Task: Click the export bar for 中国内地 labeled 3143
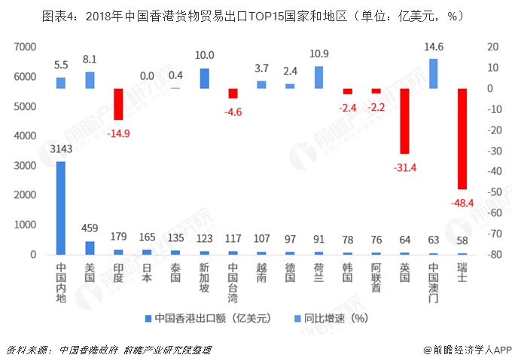61,208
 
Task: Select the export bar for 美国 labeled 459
90,248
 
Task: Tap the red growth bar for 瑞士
462,139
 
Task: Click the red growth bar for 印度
118,104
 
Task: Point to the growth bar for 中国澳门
433,74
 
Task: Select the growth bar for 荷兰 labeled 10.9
318,78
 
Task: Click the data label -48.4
462,203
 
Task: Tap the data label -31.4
404,167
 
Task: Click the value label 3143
61,149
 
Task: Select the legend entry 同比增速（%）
334,318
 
